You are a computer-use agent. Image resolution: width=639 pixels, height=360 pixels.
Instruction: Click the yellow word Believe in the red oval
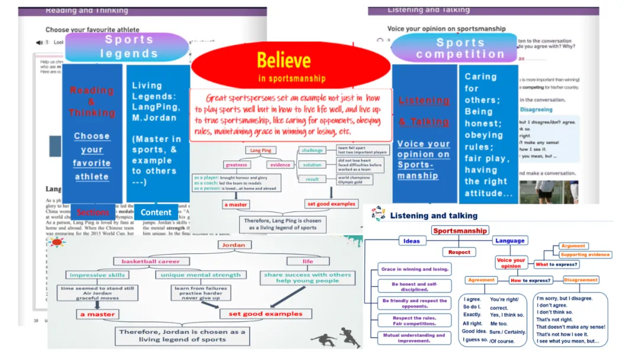pos(284,60)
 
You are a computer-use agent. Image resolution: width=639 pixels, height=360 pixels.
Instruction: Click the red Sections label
pos(93,212)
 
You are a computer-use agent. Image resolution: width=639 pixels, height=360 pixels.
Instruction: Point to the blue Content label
pos(156,212)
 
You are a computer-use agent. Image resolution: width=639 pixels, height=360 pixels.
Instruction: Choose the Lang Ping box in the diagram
pos(261,151)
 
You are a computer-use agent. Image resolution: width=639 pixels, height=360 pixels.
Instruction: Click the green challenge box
pos(312,151)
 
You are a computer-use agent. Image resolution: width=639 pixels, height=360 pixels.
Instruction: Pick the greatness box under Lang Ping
pos(237,165)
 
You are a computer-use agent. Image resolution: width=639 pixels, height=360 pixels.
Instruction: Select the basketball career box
pos(147,261)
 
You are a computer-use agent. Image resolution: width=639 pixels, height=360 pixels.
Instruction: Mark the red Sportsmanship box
pos(460,230)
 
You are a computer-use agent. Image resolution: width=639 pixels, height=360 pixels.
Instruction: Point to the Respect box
pos(459,252)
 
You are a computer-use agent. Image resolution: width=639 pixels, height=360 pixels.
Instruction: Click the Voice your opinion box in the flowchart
pos(511,263)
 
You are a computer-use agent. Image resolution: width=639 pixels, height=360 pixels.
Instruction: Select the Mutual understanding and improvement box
pos(414,338)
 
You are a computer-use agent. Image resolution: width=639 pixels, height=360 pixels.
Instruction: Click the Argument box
pos(573,246)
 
